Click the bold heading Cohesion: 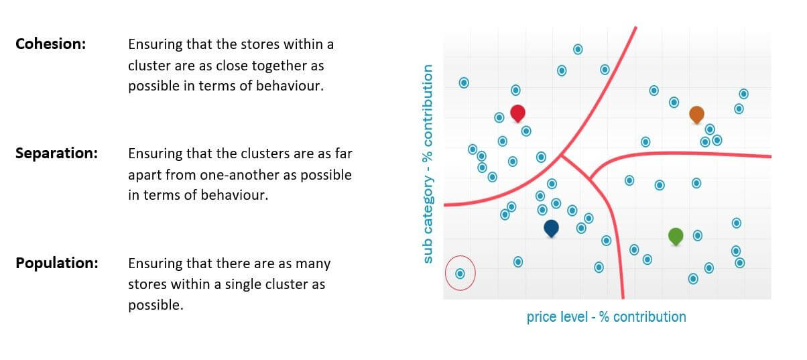pyautogui.click(x=51, y=44)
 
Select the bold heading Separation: pyautogui.click(x=56, y=154)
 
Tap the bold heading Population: pyautogui.click(x=57, y=263)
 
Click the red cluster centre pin pyautogui.click(x=517, y=113)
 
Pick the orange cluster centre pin pyautogui.click(x=697, y=115)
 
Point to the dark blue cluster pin pyautogui.click(x=551, y=229)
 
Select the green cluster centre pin pyautogui.click(x=676, y=237)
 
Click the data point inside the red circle pyautogui.click(x=460, y=274)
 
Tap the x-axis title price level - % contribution pyautogui.click(x=607, y=316)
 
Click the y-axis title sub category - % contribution pyautogui.click(x=428, y=164)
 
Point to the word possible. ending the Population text pyautogui.click(x=156, y=305)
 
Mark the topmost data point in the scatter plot pyautogui.click(x=578, y=49)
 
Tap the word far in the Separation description pyautogui.click(x=344, y=154)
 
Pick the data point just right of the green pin pyautogui.click(x=698, y=236)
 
